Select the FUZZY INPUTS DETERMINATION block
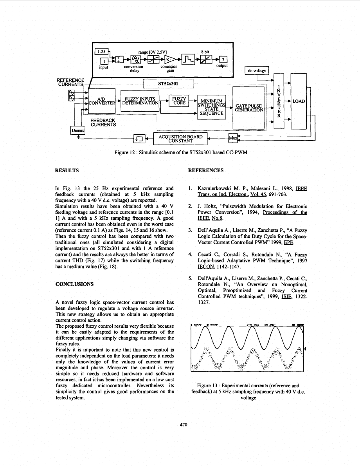(140, 101)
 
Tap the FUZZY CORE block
(178, 100)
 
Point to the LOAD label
(299, 101)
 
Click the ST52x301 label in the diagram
(168, 83)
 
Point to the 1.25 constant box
(102, 51)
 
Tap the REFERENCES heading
(205, 170)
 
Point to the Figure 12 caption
(180, 152)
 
